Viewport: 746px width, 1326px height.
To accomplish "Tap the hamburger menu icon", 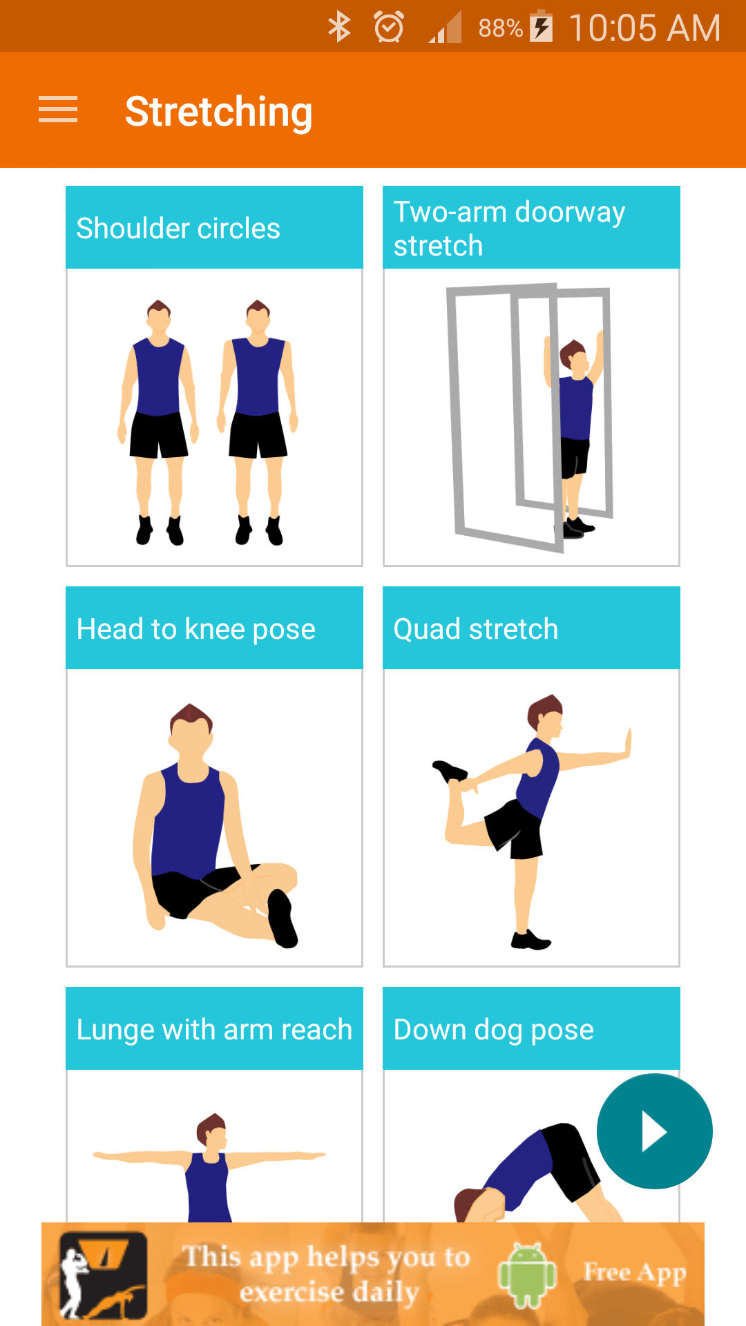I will pos(58,110).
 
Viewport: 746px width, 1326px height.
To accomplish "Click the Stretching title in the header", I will pos(218,112).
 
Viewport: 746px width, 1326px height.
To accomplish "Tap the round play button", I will pos(654,1131).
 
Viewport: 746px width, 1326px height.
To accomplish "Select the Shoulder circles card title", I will pos(178,229).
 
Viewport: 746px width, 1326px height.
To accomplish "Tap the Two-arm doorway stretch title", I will pos(509,229).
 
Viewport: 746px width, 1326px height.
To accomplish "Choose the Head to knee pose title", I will pos(196,629).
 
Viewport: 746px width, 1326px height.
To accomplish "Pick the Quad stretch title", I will pos(476,629).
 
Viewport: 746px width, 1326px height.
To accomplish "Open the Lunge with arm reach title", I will pos(214,1030).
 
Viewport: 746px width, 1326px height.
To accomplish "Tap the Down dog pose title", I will pos(494,1030).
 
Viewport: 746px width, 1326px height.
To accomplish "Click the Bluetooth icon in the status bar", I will pos(339,28).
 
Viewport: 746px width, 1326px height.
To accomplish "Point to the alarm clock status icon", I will pos(389,28).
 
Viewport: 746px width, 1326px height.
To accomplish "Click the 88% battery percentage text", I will pos(500,28).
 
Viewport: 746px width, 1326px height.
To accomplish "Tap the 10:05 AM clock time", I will pos(644,28).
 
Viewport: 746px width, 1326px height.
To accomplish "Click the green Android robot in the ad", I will pos(527,1275).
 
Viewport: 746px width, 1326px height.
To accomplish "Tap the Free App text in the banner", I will pos(635,1272).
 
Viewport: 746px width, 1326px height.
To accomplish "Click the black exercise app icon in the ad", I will pos(103,1275).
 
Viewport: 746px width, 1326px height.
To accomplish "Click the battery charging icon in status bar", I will pos(542,28).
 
